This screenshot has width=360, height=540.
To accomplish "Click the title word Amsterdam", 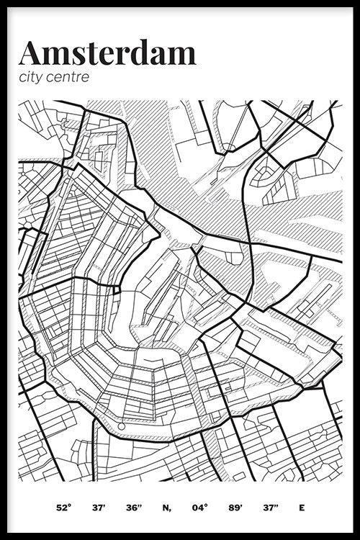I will tap(107, 53).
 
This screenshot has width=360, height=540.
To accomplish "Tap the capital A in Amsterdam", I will tap(32, 53).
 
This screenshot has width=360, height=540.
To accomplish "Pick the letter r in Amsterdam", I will tap(125, 55).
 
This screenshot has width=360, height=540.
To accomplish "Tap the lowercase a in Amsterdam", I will tap(160, 55).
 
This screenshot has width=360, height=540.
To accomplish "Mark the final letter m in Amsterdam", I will tap(183, 55).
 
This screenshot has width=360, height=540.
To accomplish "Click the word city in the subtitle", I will tap(33, 78).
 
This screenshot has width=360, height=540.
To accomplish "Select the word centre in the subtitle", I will tap(71, 78).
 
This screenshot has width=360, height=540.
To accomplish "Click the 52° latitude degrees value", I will tap(64, 508).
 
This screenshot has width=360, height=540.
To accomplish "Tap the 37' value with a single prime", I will tap(98, 508).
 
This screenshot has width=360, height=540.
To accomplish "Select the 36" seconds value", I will tap(133, 508).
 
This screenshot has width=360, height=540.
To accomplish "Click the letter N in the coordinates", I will tap(166, 508).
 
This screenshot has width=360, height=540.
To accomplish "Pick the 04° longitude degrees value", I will tap(200, 508).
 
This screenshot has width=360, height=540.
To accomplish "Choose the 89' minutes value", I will tap(235, 508).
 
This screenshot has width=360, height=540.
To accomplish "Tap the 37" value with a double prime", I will tap(270, 508).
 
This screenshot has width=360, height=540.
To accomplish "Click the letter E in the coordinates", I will tap(302, 508).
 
